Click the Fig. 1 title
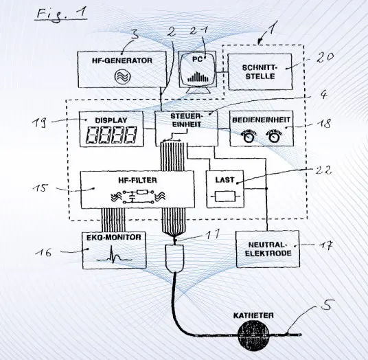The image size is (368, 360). coord(62,14)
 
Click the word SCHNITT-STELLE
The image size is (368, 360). coord(260,72)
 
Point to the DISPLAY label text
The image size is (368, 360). coord(111,120)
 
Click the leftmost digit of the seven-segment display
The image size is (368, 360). coord(92,135)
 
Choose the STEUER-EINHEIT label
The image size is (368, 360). coord(186,120)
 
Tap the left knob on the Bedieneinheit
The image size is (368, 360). coord(249,137)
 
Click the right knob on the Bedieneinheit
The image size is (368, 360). coord(273,137)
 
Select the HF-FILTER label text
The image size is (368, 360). coord(137,181)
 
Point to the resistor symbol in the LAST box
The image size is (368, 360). coord(225,196)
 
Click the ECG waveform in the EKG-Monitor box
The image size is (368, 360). coord(115,256)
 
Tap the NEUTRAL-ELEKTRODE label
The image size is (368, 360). coord(268,249)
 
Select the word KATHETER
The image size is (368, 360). coord(253,315)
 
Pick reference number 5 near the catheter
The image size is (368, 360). coord(325,305)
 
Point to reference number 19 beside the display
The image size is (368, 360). coord(39,123)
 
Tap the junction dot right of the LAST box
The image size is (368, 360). coord(266,188)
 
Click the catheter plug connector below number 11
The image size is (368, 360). coord(174,258)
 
